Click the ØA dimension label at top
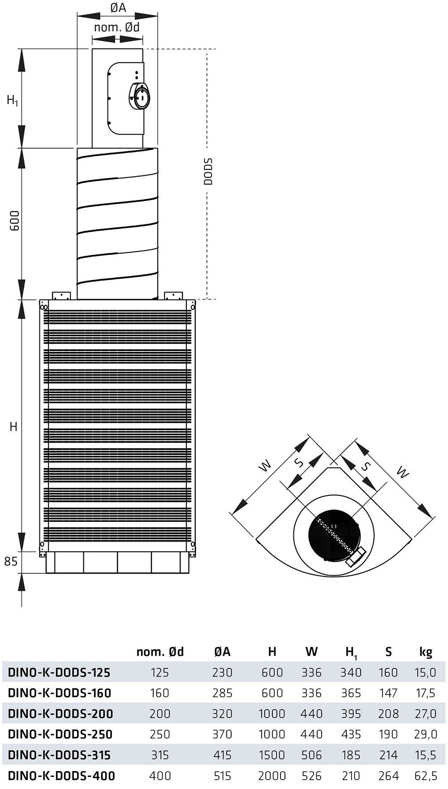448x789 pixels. [x=118, y=8]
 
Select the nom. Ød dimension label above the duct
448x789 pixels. [x=117, y=27]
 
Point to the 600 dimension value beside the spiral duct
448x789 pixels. [x=15, y=221]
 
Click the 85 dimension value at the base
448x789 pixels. [x=11, y=561]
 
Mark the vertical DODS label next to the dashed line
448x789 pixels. [x=208, y=171]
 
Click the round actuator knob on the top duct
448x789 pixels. [x=140, y=96]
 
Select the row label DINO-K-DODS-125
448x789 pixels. [x=59, y=672]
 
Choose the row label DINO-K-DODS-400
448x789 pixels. [x=61, y=776]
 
